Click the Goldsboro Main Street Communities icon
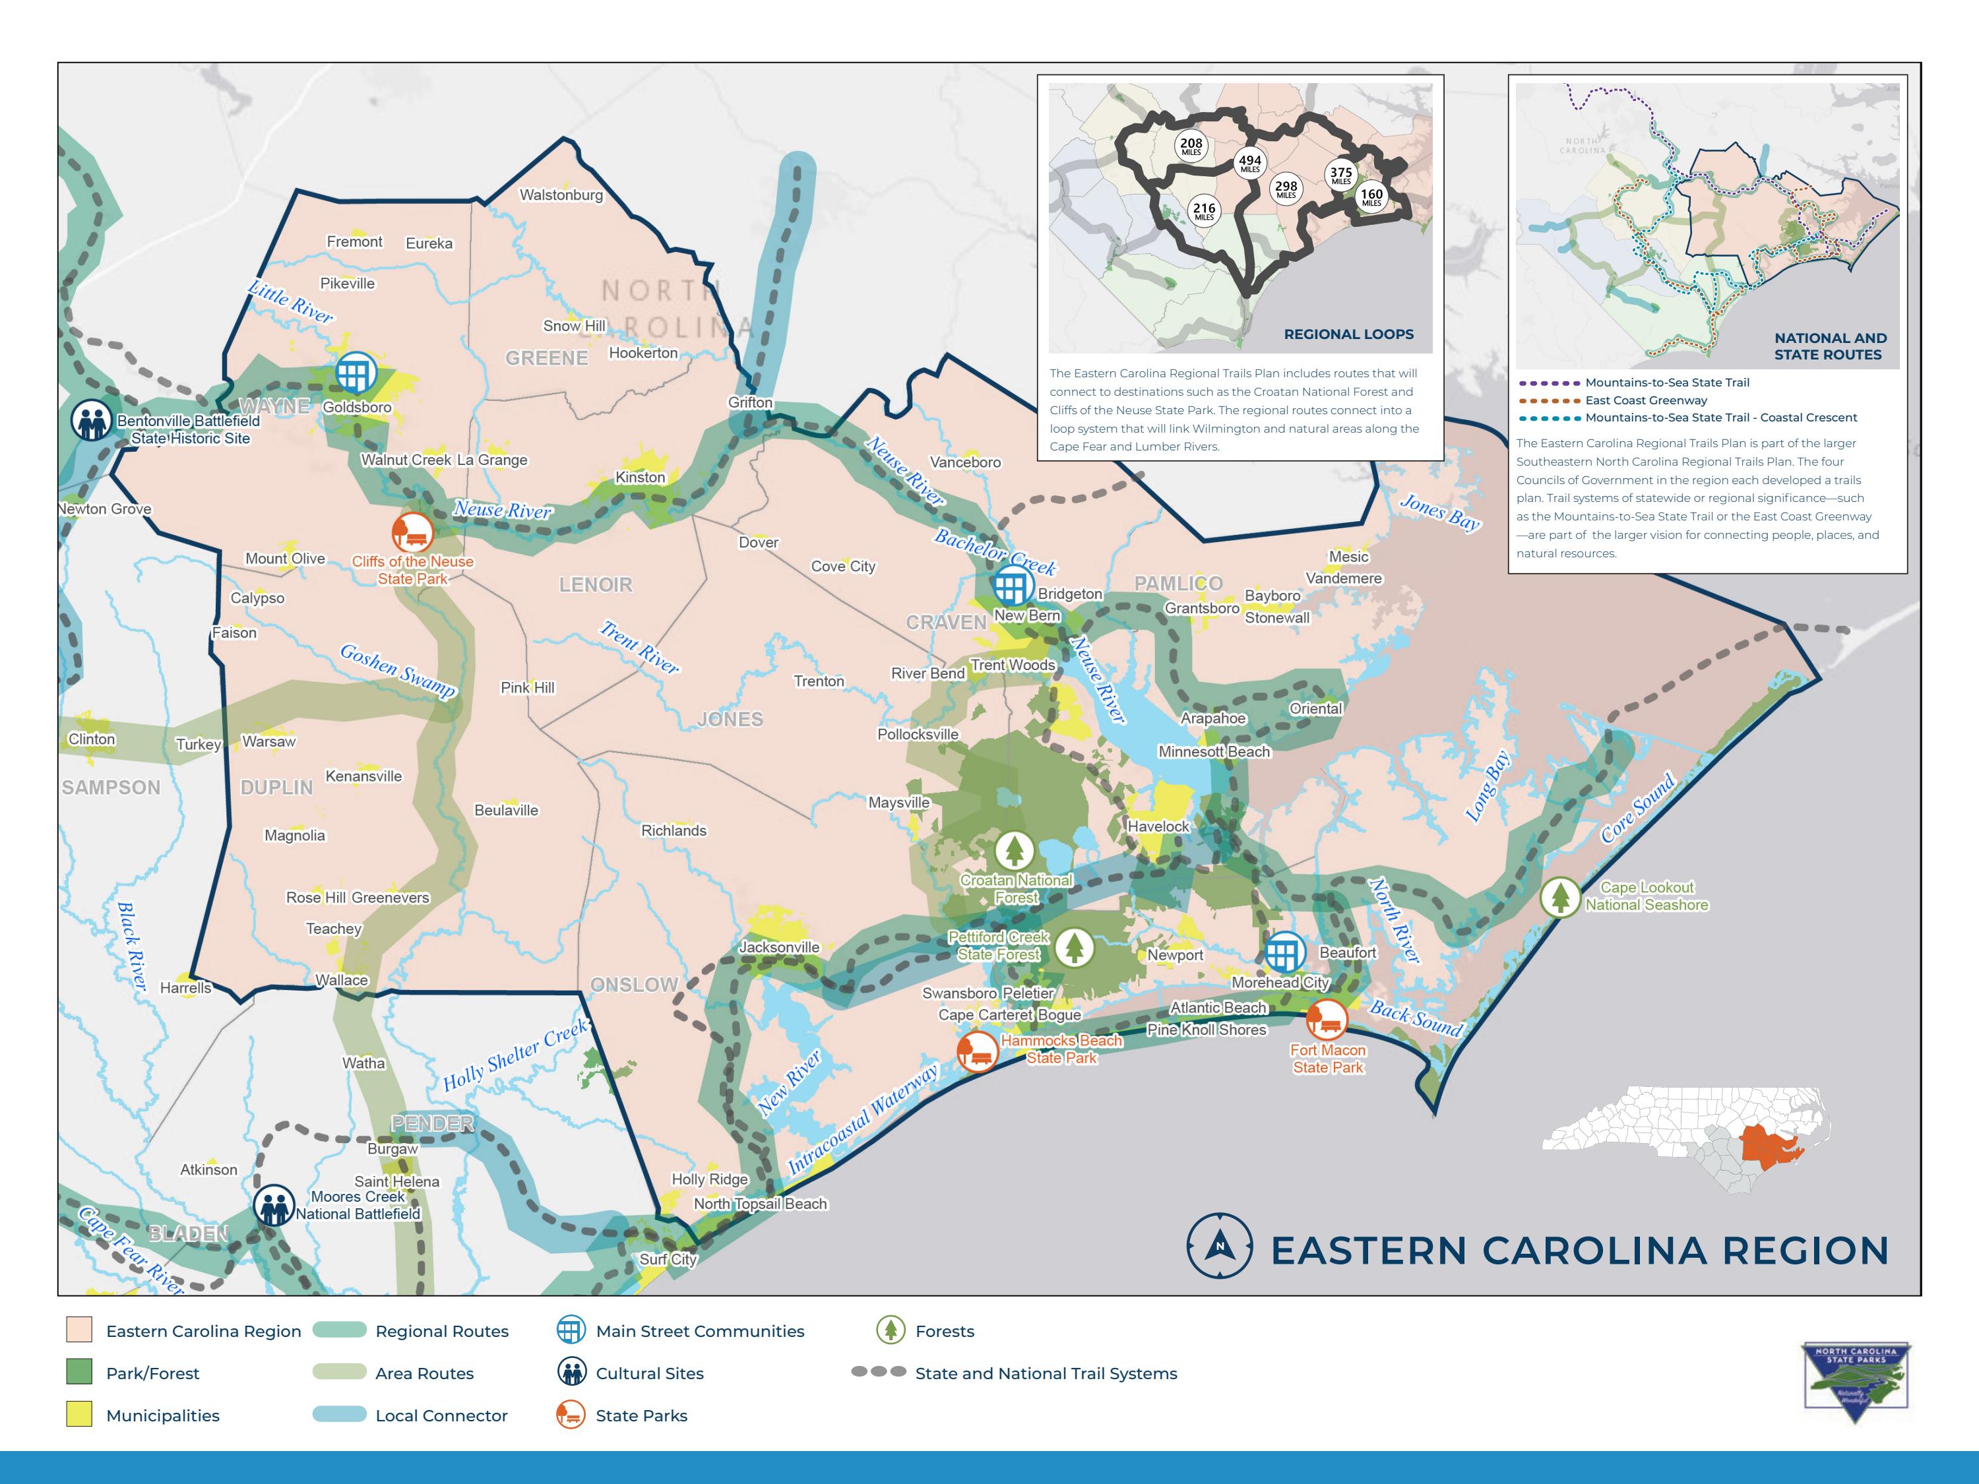356,373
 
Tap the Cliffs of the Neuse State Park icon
412,533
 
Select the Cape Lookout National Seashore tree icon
1559,896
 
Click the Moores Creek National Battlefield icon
274,1206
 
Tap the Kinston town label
640,478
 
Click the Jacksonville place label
778,947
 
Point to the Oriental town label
1315,708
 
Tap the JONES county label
730,719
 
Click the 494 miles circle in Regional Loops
1250,164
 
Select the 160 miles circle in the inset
1371,197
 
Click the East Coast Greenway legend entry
1645,400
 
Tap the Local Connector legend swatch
340,1414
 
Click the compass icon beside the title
1218,1245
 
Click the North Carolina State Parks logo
1856,1381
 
